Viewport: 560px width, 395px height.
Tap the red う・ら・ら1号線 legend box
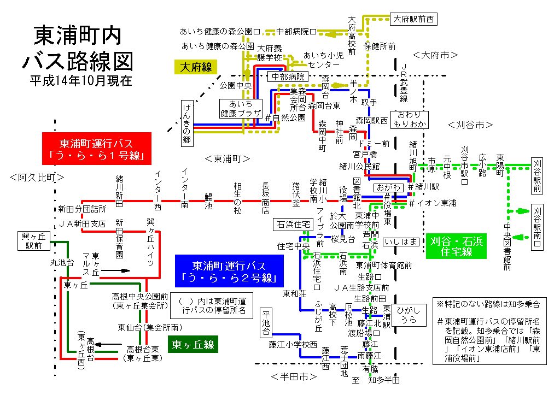96,148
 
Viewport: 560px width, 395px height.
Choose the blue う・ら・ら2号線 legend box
229,272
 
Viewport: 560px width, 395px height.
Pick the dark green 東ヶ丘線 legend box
192,345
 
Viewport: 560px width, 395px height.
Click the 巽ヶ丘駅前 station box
32,241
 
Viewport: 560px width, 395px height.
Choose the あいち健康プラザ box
241,108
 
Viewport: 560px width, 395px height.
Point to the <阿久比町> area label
37,177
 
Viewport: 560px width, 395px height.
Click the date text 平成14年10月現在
81,81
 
